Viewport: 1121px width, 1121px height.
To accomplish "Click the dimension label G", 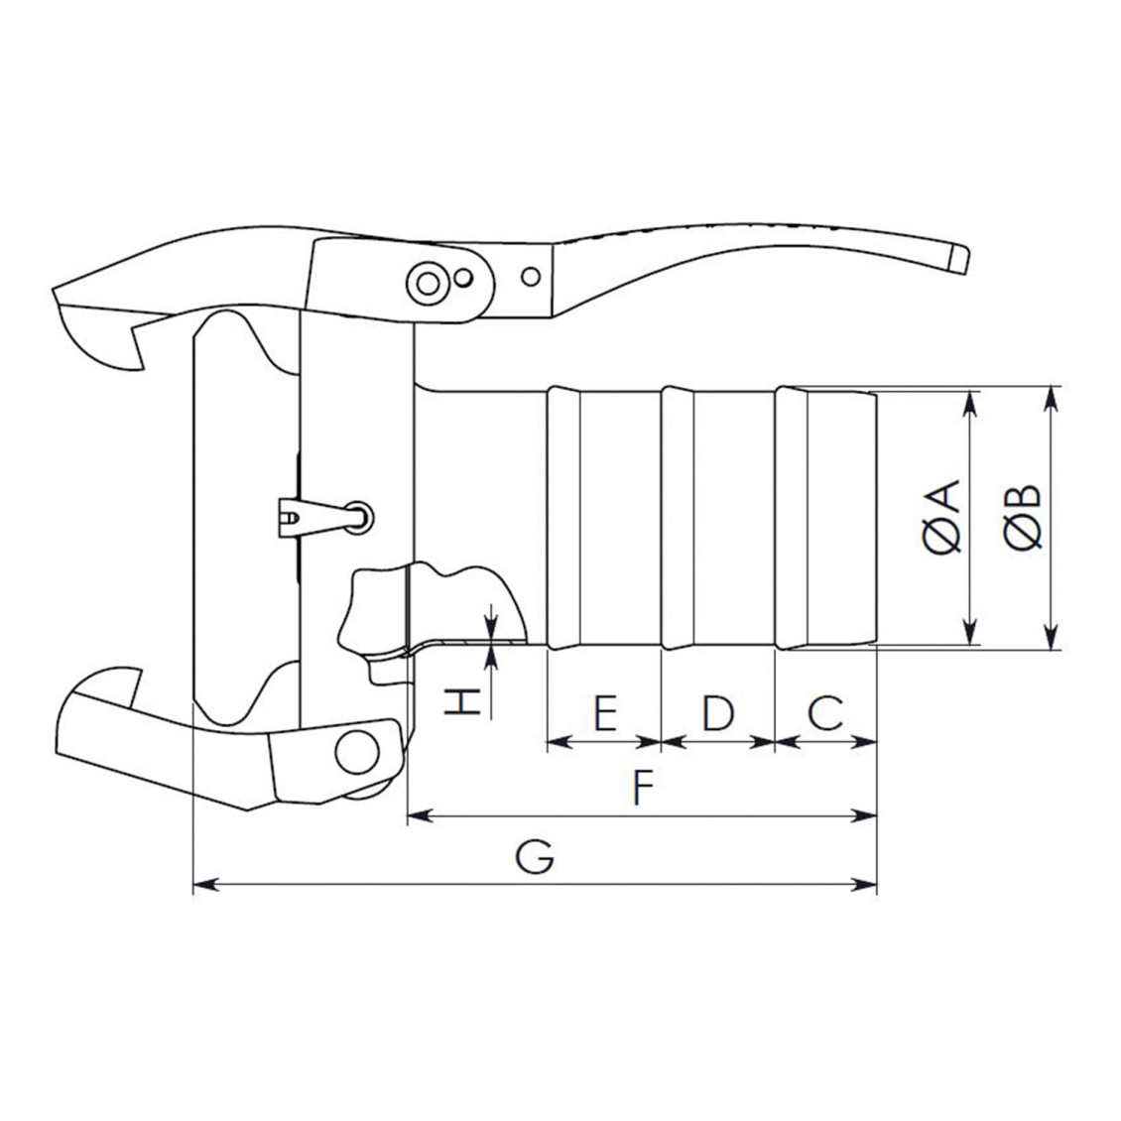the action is coord(535,856).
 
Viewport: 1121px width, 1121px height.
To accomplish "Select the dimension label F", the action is coord(644,787).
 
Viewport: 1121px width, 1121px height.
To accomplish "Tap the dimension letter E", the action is coord(605,713).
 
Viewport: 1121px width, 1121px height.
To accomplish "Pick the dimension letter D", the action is coord(718,713).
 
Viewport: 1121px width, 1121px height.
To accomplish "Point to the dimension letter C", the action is coord(825,713).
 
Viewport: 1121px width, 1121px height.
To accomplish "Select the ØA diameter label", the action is coord(940,518).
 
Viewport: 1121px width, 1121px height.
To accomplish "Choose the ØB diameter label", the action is coord(1023,518).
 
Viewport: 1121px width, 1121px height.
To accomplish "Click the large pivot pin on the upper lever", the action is coord(428,284).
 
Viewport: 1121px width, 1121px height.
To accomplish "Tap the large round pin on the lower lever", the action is coord(357,751).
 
